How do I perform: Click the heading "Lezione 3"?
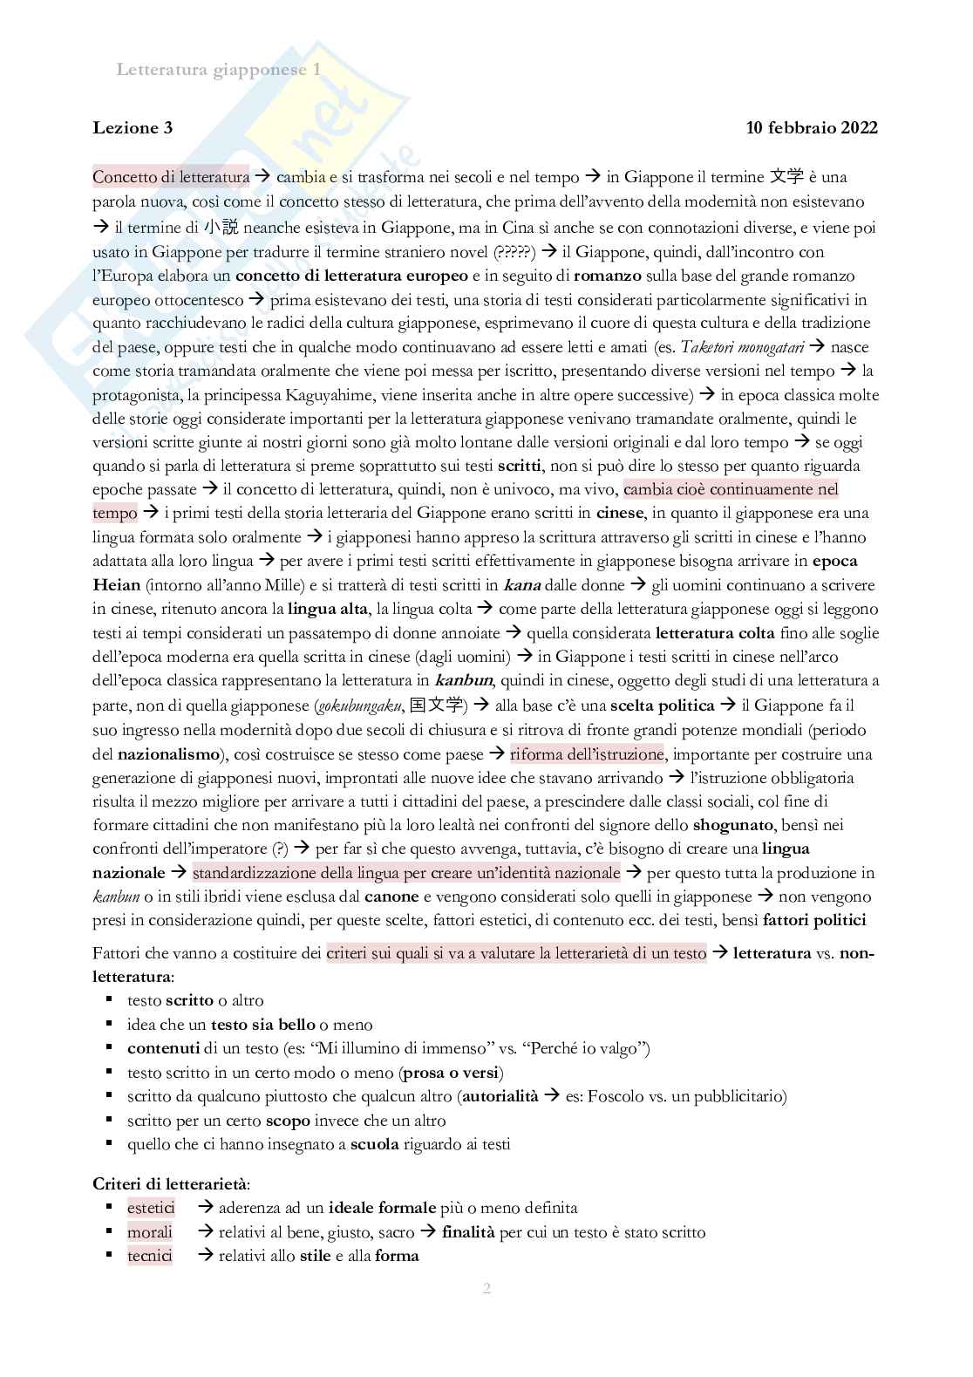133,128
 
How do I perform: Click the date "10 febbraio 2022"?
812,128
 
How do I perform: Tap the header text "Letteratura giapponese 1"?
218,70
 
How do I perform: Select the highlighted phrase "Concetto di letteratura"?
171,177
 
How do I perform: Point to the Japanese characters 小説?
221,228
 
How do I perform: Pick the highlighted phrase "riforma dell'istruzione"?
587,753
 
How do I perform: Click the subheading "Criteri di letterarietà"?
171,1184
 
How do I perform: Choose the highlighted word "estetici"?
151,1208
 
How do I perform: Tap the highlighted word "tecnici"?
150,1256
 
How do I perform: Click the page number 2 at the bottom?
486,1288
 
